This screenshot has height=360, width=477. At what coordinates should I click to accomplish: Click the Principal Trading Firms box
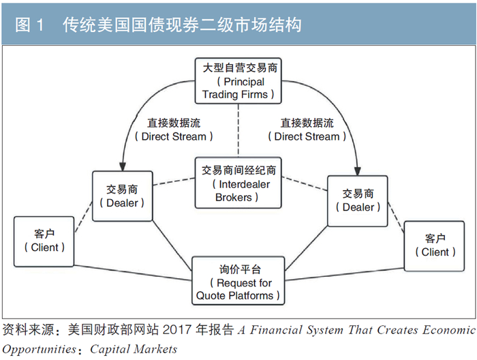[239, 81]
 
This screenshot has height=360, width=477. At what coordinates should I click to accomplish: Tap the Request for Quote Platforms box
[238, 280]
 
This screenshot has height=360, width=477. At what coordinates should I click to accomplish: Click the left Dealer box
[122, 196]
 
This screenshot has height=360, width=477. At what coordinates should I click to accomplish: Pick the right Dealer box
[358, 200]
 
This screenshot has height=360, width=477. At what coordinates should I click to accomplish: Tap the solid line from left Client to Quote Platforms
[133, 272]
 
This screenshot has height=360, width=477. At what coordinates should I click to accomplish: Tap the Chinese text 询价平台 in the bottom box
[238, 269]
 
